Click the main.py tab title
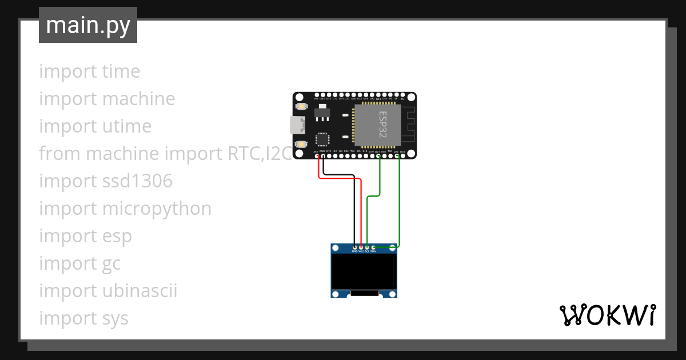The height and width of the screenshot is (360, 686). click(88, 25)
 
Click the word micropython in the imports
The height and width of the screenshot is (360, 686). click(157, 209)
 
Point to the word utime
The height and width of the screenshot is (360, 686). click(127, 126)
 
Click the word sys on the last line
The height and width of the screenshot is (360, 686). click(115, 318)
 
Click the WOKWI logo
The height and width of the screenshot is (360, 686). click(607, 315)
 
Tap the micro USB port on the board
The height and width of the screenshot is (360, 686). click(297, 125)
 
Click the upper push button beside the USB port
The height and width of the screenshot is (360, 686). click(301, 106)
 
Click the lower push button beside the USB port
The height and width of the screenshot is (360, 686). click(301, 143)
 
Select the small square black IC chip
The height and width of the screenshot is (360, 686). click(322, 139)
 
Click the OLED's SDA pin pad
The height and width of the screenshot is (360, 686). click(373, 247)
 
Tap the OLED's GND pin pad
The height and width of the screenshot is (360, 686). click(354, 247)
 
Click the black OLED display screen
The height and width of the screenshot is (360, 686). click(364, 271)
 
